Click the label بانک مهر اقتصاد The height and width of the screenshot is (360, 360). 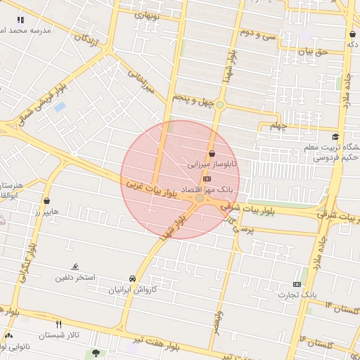click(206, 191)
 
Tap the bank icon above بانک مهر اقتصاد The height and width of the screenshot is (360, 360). click(206, 179)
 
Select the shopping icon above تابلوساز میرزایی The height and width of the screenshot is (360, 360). click(212, 153)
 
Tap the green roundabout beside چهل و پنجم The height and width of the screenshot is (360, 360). click(220, 105)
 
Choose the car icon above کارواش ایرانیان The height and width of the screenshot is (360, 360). click(133, 278)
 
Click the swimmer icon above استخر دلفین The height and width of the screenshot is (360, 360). click(75, 266)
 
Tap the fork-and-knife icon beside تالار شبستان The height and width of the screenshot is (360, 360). click(59, 324)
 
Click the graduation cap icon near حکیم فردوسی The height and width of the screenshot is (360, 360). click(335, 136)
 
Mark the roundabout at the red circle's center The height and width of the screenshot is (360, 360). click(200, 199)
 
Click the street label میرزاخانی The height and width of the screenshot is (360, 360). click(141, 82)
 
